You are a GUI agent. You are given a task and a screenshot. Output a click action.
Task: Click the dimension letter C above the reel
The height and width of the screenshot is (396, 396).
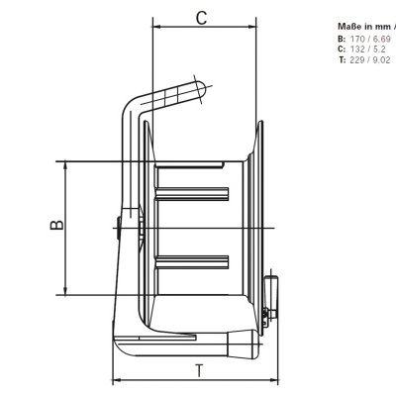(202, 18)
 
